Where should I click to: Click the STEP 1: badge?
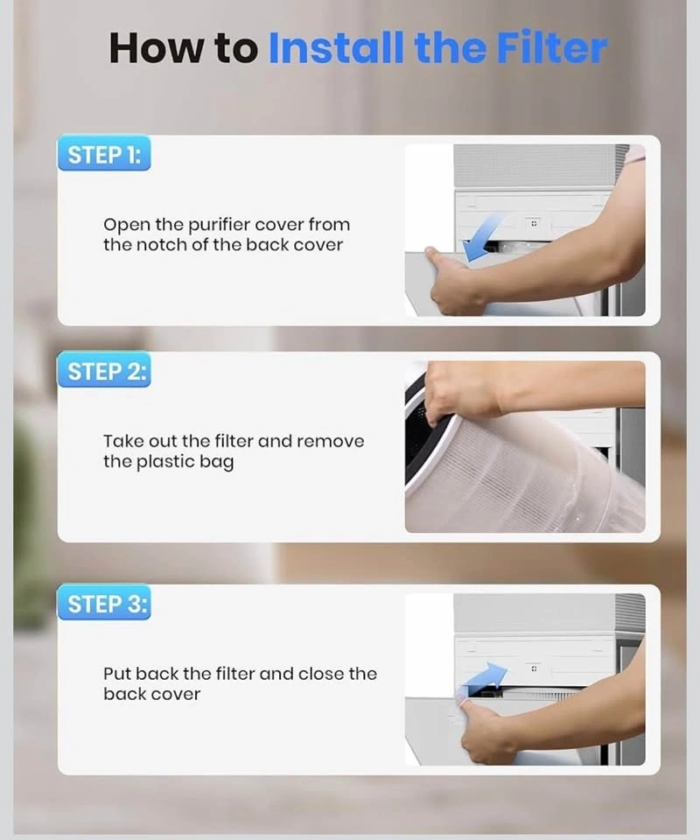point(104,154)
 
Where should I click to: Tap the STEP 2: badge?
point(104,371)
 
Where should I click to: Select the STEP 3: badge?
point(104,603)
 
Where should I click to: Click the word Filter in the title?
point(552,47)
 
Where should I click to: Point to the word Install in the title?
point(336,47)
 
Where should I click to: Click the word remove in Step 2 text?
point(331,442)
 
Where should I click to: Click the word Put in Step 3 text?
point(117,674)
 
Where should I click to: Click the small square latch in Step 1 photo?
point(534,223)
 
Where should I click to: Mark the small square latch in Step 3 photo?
point(534,668)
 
